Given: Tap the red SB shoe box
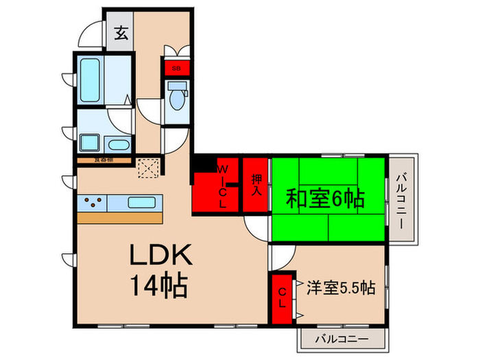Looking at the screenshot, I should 176,69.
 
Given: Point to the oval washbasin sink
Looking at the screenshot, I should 119,145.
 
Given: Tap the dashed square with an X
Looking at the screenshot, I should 147,167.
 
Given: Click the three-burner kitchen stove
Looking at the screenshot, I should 94,203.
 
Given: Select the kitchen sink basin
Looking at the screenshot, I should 143,203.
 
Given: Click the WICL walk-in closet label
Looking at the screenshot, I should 221,186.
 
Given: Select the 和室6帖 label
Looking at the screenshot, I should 324,200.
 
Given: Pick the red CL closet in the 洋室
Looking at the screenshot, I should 282,299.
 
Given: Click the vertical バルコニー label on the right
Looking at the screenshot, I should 403,200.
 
